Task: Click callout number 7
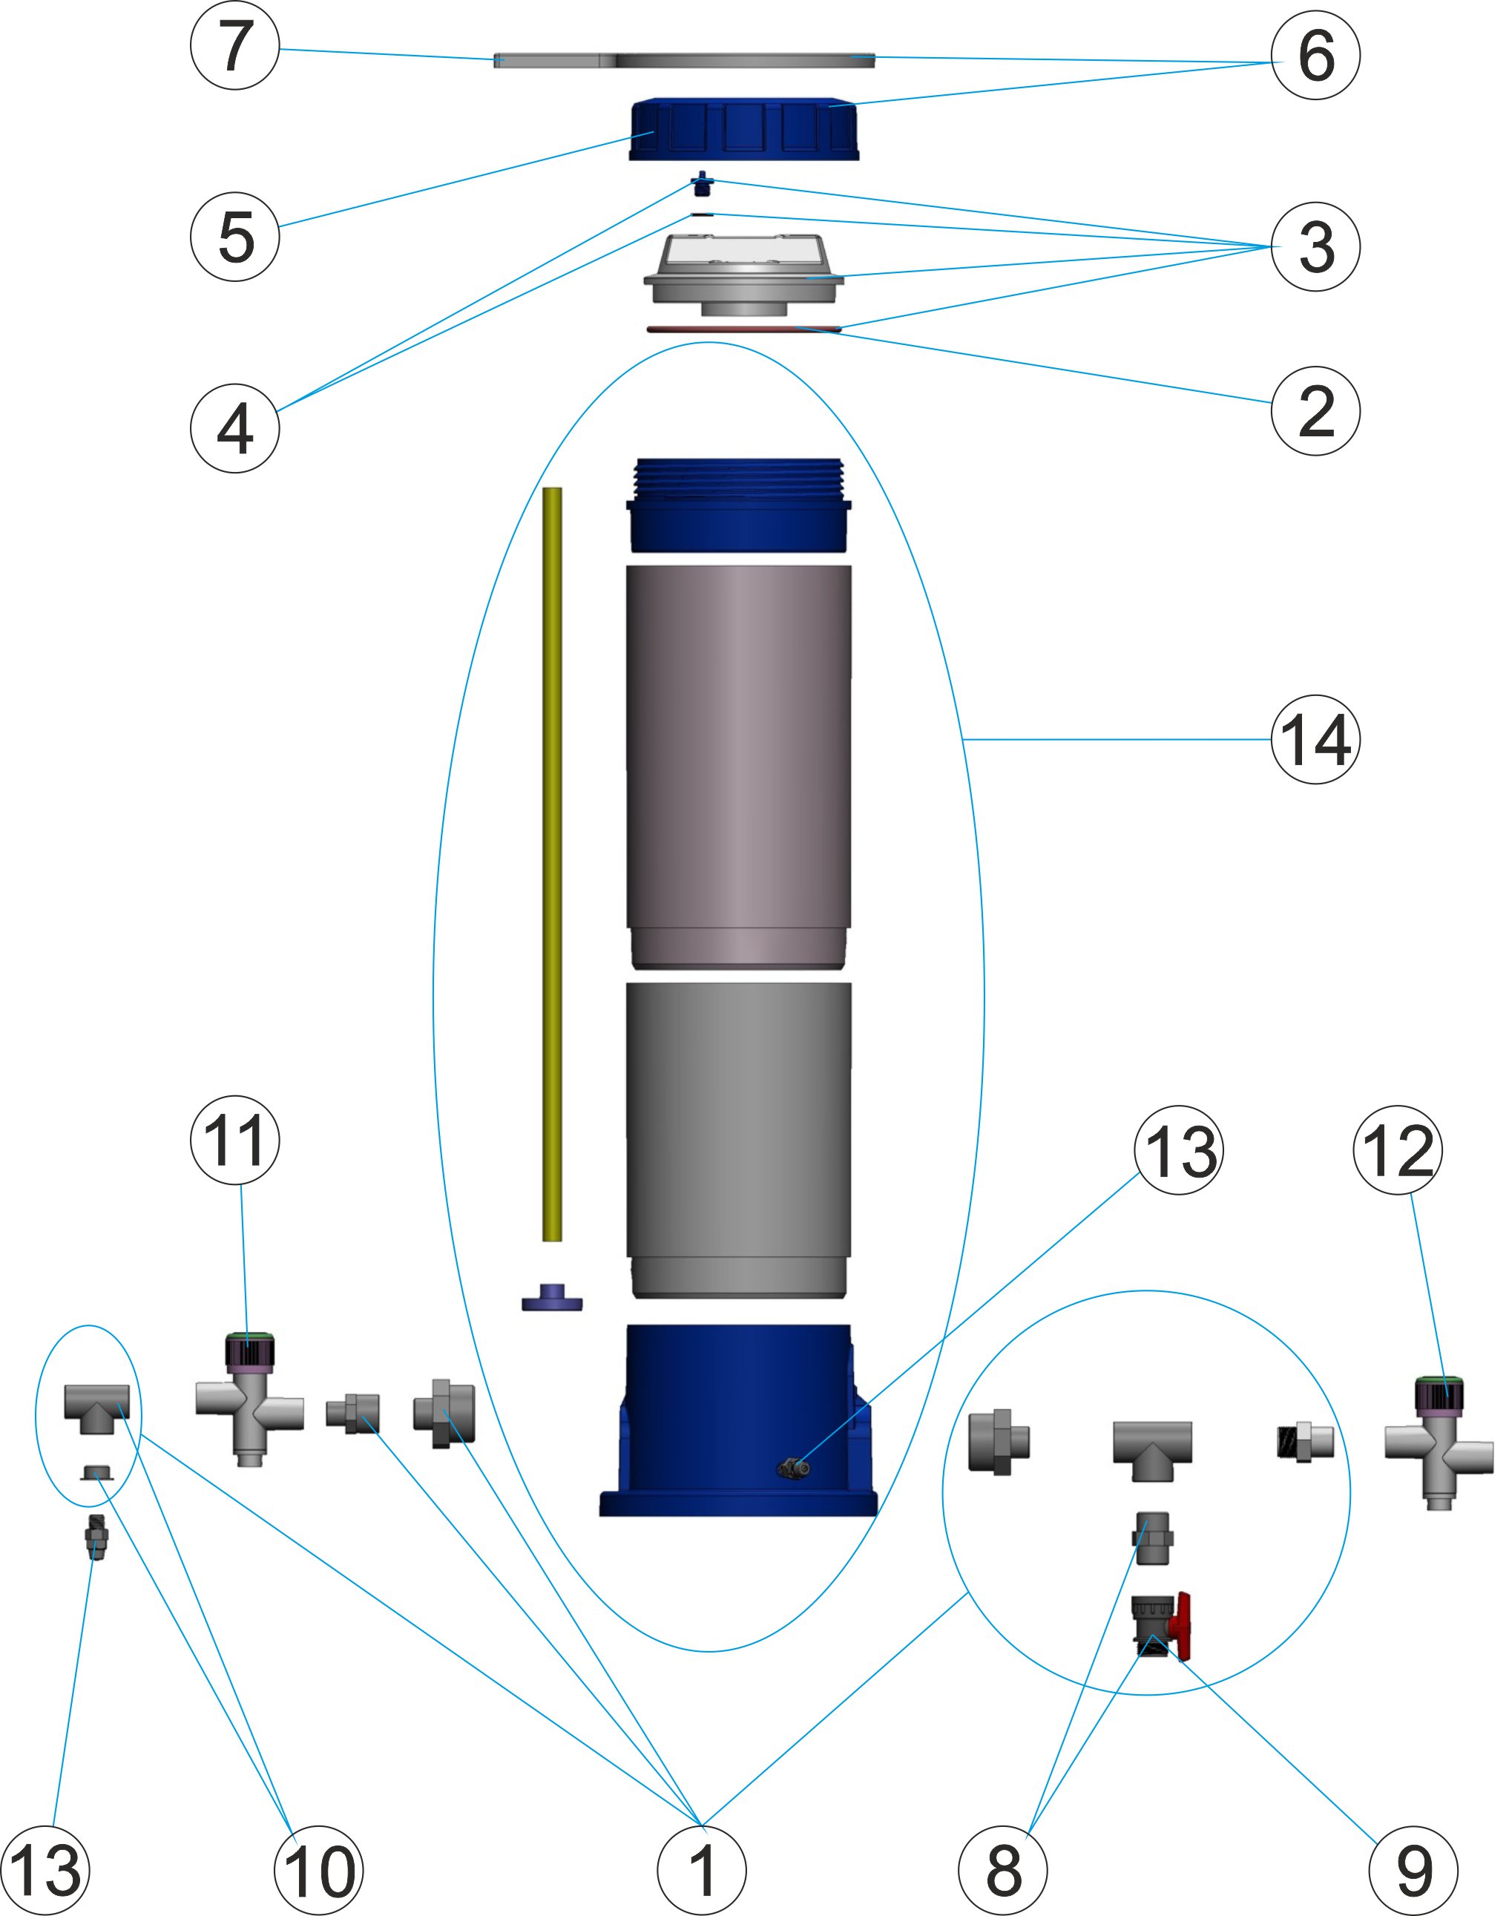click(235, 45)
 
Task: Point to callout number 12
click(1398, 1149)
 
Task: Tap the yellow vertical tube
click(552, 864)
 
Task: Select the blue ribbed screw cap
click(743, 130)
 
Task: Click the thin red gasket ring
click(744, 329)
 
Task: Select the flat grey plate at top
click(684, 60)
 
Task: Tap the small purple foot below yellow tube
click(552, 1299)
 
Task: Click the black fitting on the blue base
click(793, 1468)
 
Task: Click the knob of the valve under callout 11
click(251, 1351)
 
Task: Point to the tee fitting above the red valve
click(1152, 1447)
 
